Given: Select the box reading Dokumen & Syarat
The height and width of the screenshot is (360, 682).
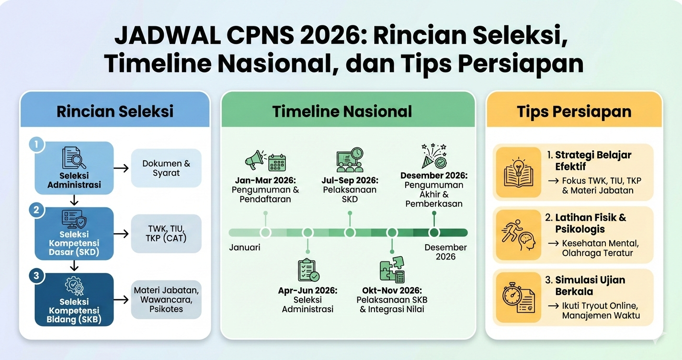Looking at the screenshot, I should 166,168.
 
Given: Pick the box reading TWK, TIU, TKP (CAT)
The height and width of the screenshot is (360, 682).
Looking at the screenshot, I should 166,233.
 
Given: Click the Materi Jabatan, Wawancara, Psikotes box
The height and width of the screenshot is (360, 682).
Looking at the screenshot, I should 166,300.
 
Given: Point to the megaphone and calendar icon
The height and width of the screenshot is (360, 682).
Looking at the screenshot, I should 265,161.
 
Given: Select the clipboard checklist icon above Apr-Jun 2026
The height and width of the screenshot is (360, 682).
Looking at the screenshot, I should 308,270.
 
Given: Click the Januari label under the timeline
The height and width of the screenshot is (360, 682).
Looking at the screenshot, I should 244,248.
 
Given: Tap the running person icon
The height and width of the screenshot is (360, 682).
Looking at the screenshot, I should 511,235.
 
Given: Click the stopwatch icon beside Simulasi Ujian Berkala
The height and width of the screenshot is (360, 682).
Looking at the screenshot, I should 511,297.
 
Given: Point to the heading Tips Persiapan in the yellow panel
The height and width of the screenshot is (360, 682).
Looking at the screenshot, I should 574,112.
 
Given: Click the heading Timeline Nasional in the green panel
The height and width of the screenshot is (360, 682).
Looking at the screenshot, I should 342,112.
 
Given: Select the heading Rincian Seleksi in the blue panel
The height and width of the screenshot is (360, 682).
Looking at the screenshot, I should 115,112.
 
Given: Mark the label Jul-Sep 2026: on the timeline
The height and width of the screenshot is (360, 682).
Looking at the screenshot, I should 350,180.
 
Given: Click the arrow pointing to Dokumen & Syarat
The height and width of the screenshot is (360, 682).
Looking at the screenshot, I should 122,168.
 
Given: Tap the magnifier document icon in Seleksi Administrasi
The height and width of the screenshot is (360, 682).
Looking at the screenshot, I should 74,158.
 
